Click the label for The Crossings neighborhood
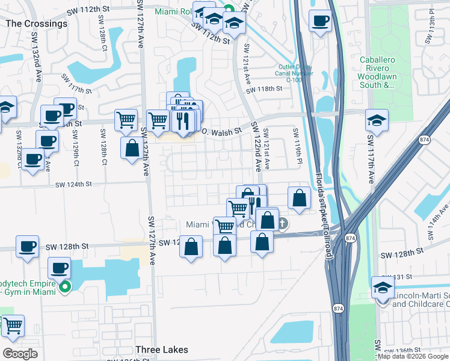point(36,23)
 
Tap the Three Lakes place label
point(162,350)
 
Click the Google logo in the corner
point(20,354)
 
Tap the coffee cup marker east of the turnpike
point(320,22)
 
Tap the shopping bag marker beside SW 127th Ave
point(132,147)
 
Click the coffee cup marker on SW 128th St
point(27,247)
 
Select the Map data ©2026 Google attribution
point(413,356)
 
